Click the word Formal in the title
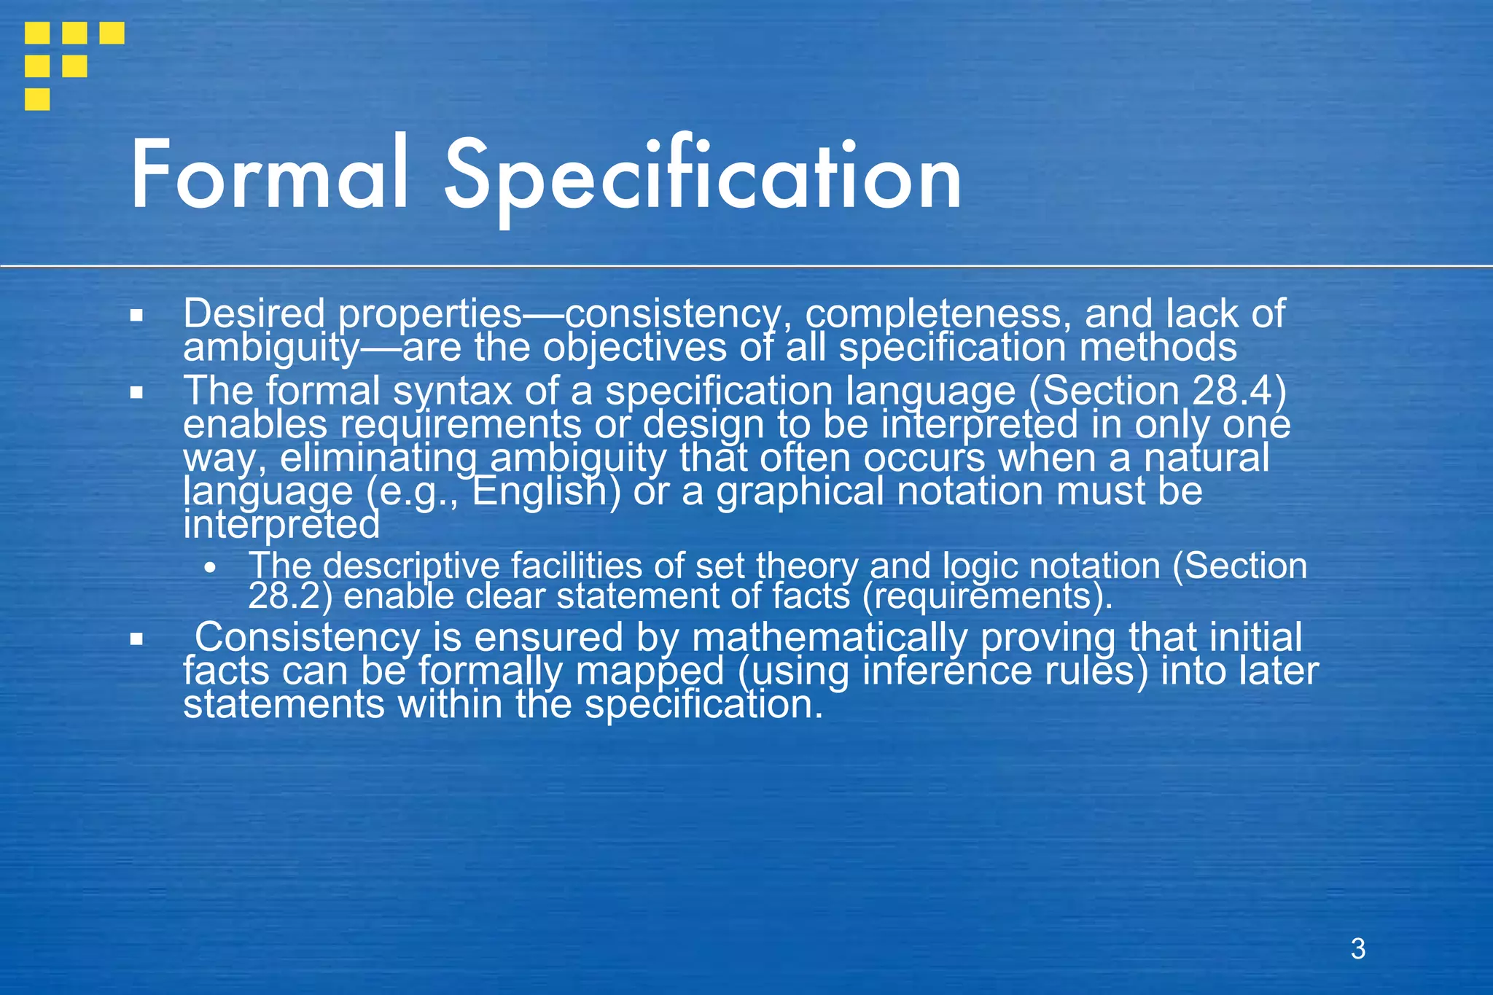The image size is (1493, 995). pos(269,176)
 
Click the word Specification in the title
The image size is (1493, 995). pos(703,179)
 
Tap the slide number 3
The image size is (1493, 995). pos(1357,948)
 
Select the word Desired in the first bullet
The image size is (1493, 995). pos(254,314)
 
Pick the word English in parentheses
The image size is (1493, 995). pos(539,491)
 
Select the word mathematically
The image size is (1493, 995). pos(829,637)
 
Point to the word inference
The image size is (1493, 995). pos(948,671)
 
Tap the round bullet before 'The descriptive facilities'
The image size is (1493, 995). pos(210,569)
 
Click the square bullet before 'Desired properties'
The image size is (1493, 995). pos(136,316)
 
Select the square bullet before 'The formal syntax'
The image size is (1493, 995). pos(136,393)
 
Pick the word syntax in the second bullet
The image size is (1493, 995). pos(453,391)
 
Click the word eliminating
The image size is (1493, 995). pos(378,459)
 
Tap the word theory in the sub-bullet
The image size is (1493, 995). pos(808,566)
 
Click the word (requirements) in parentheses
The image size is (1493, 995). pos(987,596)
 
